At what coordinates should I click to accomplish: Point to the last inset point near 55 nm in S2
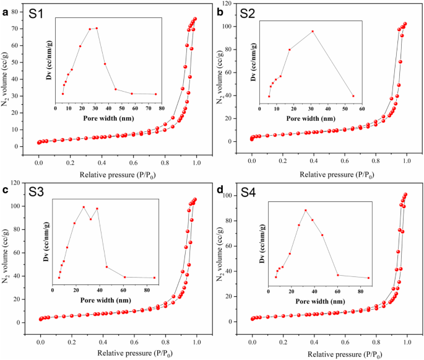pos(353,96)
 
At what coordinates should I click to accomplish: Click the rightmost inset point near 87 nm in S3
pos(155,278)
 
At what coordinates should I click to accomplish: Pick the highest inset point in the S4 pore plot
pos(305,210)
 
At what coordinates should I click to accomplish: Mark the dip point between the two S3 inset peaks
pos(90,219)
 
